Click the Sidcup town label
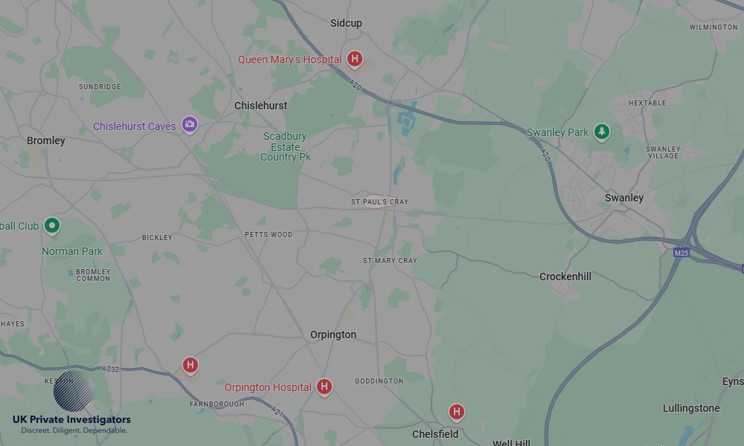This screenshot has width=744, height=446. pyautogui.click(x=346, y=23)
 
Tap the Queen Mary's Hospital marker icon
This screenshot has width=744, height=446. pyautogui.click(x=355, y=59)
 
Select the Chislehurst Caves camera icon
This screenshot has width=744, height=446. pyautogui.click(x=190, y=124)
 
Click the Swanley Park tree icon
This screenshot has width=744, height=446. pyautogui.click(x=602, y=132)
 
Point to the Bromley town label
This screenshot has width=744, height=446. pyautogui.click(x=46, y=140)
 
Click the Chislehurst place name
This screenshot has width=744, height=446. pyautogui.click(x=260, y=106)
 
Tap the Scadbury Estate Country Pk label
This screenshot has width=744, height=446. pyautogui.click(x=286, y=146)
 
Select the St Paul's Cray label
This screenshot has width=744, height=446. pyautogui.click(x=379, y=202)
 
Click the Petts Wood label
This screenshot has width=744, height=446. pyautogui.click(x=269, y=235)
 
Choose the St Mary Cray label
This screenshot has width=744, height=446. pyautogui.click(x=390, y=261)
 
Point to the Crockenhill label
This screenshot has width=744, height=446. pyautogui.click(x=565, y=277)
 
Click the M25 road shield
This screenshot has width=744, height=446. pyautogui.click(x=681, y=253)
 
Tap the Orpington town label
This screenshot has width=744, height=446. pyautogui.click(x=333, y=334)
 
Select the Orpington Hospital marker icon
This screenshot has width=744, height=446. pyautogui.click(x=324, y=386)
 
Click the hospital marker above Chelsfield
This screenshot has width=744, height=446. pyautogui.click(x=457, y=411)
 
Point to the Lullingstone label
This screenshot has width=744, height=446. pyautogui.click(x=691, y=408)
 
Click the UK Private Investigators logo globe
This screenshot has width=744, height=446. pyautogui.click(x=74, y=391)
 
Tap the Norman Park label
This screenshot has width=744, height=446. pyautogui.click(x=72, y=251)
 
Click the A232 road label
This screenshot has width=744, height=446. pyautogui.click(x=111, y=369)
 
